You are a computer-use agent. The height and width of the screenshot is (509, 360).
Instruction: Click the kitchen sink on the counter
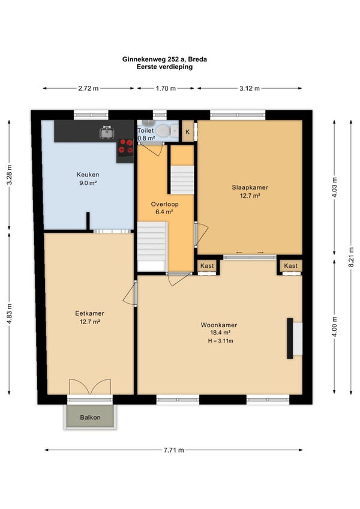tap(106, 132)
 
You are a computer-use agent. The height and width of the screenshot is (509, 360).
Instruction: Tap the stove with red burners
tap(125, 146)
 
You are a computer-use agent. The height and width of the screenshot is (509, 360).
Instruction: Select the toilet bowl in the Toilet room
tap(163, 131)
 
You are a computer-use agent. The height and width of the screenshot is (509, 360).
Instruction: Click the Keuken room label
tap(88, 175)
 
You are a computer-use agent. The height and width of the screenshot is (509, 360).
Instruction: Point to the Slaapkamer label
tap(250, 187)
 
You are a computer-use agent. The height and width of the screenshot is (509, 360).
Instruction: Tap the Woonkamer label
tap(219, 325)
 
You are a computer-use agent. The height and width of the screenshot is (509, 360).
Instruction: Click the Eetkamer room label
tap(89, 313)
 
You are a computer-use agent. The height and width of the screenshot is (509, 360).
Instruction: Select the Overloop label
tap(164, 204)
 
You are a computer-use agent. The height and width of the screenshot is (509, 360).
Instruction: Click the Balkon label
tap(90, 417)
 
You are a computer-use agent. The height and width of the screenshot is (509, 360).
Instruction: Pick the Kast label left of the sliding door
tap(207, 266)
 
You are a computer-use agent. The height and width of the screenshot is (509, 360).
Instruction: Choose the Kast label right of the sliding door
tap(290, 266)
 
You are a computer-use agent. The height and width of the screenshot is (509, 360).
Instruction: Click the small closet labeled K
tap(188, 132)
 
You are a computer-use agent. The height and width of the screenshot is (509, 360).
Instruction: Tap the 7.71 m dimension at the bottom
tap(173, 450)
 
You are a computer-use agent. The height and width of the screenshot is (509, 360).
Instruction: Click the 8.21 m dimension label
tap(351, 257)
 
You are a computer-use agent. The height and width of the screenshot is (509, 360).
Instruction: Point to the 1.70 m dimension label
tap(166, 88)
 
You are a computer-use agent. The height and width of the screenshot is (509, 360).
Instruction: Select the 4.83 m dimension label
tap(9, 313)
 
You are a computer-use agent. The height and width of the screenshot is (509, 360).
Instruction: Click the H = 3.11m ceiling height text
tap(221, 341)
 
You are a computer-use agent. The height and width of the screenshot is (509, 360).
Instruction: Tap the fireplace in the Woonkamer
tap(295, 339)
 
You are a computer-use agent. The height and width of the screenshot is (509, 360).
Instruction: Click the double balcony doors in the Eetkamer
tap(90, 387)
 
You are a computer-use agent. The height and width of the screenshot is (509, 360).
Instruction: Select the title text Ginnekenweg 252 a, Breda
tap(164, 59)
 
